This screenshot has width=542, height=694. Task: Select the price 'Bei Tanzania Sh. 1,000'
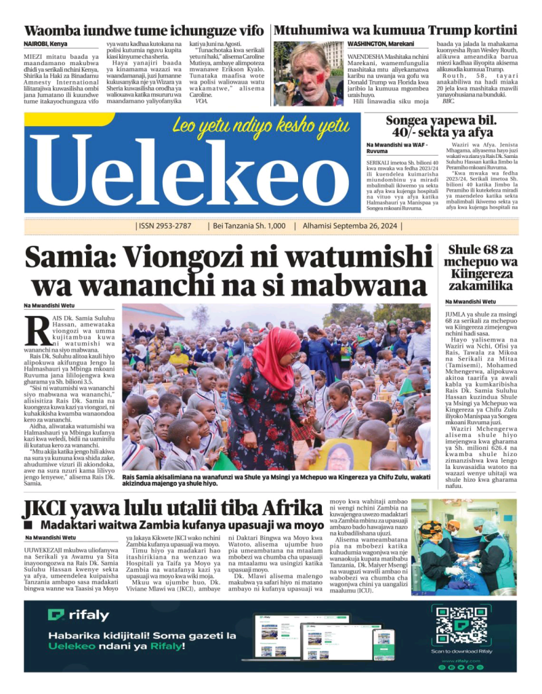[x=249, y=226]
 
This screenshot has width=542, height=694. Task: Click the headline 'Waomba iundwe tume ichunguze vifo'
[x=144, y=30]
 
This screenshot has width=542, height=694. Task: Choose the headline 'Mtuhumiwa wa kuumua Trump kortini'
[x=396, y=30]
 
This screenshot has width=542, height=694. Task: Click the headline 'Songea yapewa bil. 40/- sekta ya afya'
[x=442, y=127]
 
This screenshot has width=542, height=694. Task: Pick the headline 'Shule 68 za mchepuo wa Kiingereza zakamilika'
[x=481, y=268]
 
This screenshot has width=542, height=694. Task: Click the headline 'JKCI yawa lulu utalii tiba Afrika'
[x=172, y=508]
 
